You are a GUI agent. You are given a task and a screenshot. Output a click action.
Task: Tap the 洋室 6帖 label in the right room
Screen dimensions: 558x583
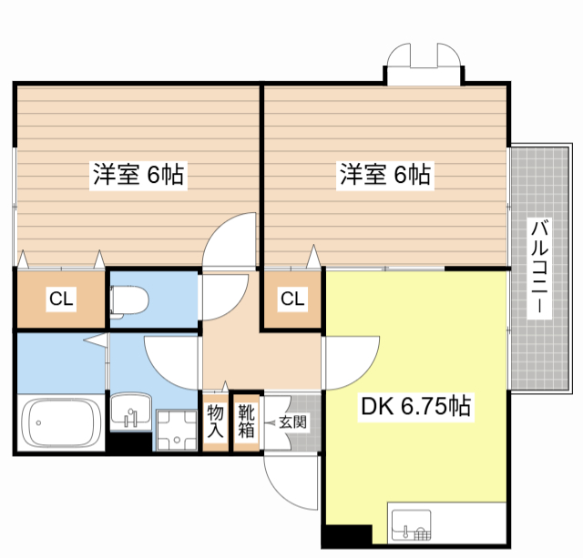385,174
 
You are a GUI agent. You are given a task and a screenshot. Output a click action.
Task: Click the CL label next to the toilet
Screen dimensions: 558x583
60,299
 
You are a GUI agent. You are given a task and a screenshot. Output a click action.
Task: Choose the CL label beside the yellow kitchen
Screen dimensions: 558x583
291,299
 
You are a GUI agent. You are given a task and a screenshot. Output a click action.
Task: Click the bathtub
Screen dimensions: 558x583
60,423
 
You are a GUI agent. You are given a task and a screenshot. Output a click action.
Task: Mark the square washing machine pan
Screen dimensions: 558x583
176,431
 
